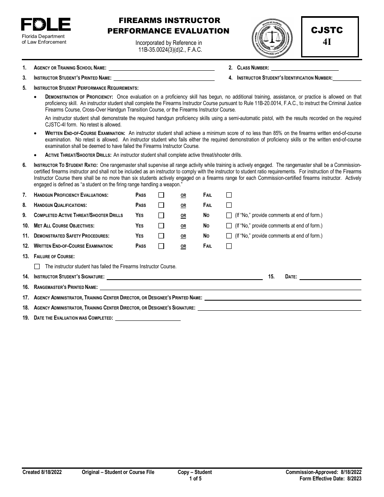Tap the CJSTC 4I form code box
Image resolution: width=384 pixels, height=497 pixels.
click(330, 36)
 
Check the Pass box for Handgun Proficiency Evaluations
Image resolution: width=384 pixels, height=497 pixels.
click(161, 195)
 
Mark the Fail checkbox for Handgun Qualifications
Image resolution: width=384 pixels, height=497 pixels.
click(229, 205)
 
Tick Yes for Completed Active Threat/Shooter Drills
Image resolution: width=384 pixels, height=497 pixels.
click(161, 215)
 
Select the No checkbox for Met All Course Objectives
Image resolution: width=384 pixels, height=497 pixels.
click(229, 225)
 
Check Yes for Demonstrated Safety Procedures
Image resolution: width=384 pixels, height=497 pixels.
click(161, 236)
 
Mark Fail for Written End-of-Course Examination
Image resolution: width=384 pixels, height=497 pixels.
click(229, 246)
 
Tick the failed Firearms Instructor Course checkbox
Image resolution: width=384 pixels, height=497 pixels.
click(38, 266)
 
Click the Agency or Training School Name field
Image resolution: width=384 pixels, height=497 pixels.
click(161, 68)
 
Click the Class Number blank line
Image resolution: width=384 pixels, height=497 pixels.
click(315, 68)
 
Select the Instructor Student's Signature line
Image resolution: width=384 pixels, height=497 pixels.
click(184, 277)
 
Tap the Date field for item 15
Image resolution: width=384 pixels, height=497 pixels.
click(330, 277)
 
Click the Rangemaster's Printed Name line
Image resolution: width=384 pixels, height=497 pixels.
click(230, 287)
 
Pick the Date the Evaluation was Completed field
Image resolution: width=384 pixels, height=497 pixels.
click(148, 318)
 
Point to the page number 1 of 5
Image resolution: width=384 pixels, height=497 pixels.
click(195, 479)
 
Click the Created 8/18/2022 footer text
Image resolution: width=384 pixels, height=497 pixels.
click(42, 472)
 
